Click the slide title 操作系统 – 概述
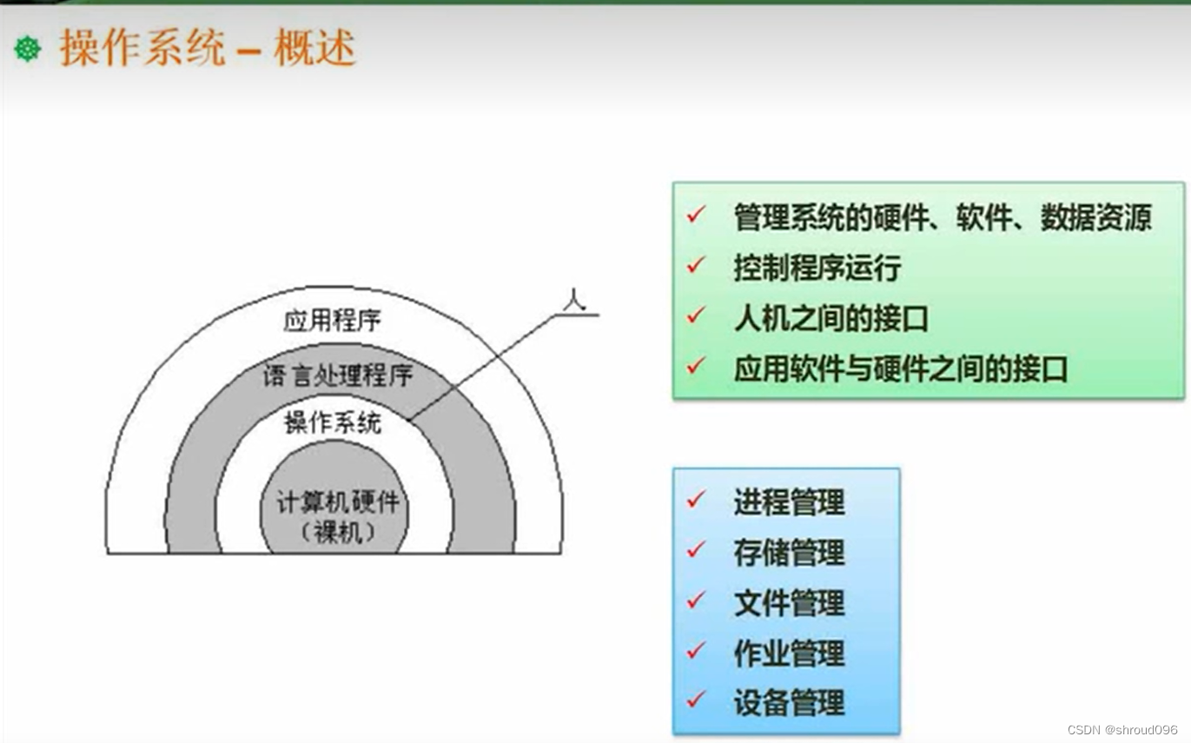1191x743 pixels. pyautogui.click(x=207, y=49)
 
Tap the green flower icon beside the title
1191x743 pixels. pyautogui.click(x=28, y=49)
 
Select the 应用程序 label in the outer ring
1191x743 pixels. pyautogui.click(x=332, y=320)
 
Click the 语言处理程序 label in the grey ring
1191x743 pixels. pyautogui.click(x=338, y=375)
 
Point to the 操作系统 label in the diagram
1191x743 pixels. pyautogui.click(x=332, y=423)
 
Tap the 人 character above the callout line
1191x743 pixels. pyautogui.click(x=573, y=300)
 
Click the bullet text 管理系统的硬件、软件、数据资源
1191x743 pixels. pyautogui.click(x=943, y=217)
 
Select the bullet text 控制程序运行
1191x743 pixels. pyautogui.click(x=817, y=268)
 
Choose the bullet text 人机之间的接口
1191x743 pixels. pyautogui.click(x=830, y=318)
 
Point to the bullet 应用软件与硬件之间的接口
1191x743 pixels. pyautogui.click(x=900, y=368)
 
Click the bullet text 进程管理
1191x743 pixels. pyautogui.click(x=789, y=501)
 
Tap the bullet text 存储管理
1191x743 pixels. pyautogui.click(x=789, y=552)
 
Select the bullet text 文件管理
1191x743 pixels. pyautogui.click(x=789, y=602)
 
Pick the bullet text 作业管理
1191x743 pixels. pyautogui.click(x=789, y=653)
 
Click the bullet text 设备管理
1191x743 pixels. pyautogui.click(x=789, y=702)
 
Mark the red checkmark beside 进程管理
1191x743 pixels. pyautogui.click(x=696, y=500)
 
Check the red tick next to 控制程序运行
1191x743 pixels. pyautogui.click(x=696, y=265)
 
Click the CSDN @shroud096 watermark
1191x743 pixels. pyautogui.click(x=1122, y=730)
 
